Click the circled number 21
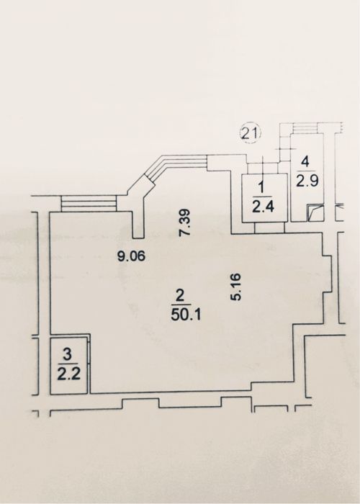[251, 133]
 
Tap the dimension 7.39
[186, 222]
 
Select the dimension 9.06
[132, 256]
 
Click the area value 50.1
[186, 315]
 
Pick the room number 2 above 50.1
[181, 295]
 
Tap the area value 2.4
[263, 207]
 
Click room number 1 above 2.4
[261, 187]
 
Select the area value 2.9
[307, 181]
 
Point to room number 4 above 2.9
[306, 162]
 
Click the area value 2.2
[69, 374]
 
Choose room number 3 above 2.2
[68, 355]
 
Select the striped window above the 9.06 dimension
[89, 204]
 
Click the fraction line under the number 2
[181, 305]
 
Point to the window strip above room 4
[306, 128]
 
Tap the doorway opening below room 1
[269, 228]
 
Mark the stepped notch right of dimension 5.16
[327, 273]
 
